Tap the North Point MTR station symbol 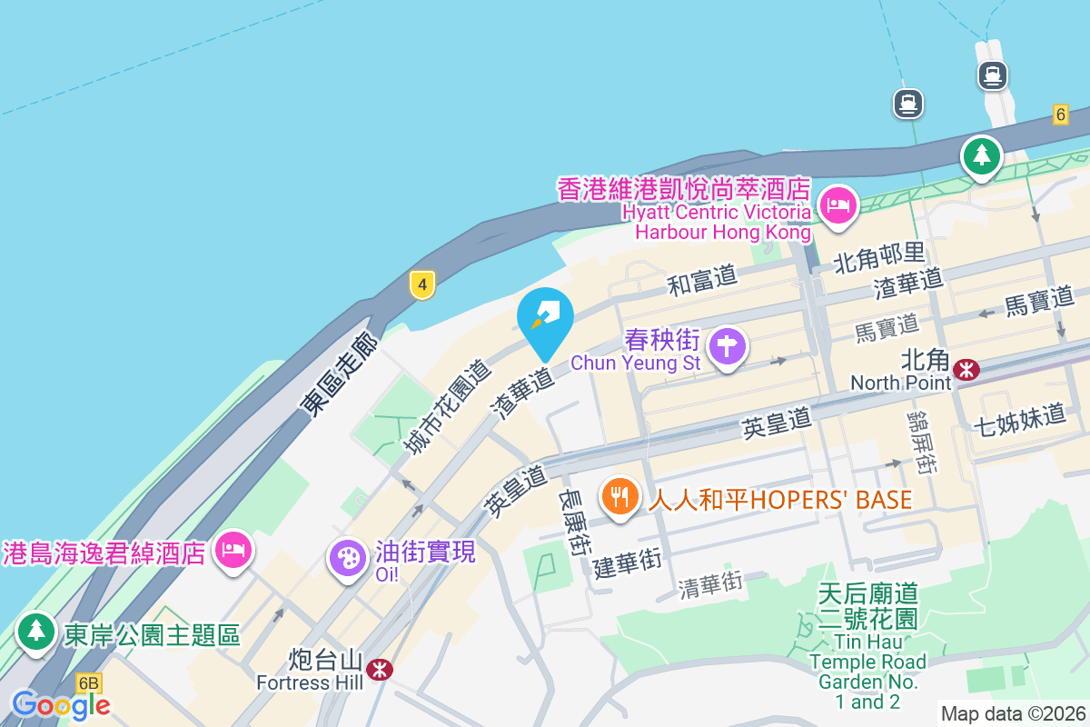tap(966, 368)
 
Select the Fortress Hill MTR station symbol tap(378, 670)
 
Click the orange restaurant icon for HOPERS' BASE tap(619, 497)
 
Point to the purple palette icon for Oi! tap(348, 556)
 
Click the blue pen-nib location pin tap(545, 318)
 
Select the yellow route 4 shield tap(421, 284)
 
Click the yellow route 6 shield tap(1060, 114)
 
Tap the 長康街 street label tap(575, 523)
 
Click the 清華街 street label tap(710, 584)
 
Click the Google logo tap(61, 704)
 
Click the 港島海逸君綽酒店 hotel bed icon tap(233, 549)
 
